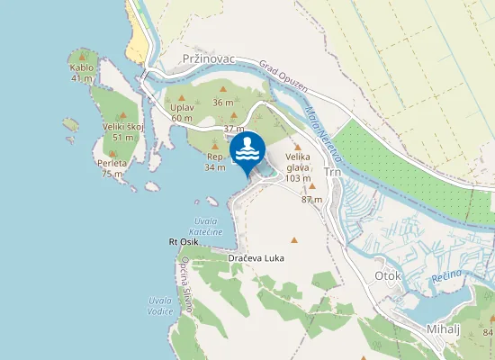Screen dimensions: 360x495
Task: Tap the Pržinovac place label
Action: (208, 58)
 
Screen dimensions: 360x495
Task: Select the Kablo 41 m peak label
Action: (82, 72)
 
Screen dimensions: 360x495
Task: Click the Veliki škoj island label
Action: (123, 131)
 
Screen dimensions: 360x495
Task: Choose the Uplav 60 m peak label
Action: (182, 112)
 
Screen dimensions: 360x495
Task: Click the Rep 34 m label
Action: (215, 161)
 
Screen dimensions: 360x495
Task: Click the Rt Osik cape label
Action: (183, 242)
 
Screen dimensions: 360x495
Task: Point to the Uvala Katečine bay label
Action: (208, 227)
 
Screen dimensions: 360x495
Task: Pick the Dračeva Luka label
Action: (256, 258)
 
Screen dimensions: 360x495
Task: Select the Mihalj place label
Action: (444, 328)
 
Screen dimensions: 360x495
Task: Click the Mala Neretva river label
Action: (321, 134)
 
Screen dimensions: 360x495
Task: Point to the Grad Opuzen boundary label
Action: (283, 78)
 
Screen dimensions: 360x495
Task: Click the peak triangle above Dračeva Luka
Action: (293, 239)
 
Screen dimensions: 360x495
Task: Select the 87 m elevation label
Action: (311, 199)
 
